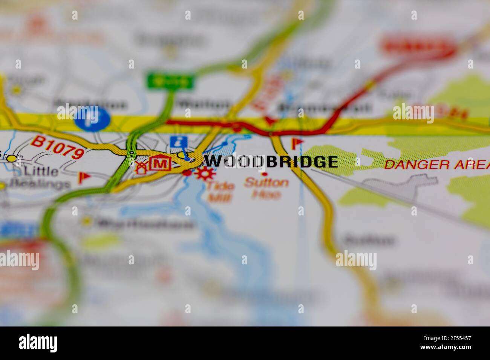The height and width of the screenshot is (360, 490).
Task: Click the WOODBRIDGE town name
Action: pyautogui.click(x=271, y=162)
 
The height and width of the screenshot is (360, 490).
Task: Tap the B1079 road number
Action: pyautogui.click(x=58, y=147)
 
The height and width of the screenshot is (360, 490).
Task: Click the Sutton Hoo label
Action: pyautogui.click(x=266, y=188)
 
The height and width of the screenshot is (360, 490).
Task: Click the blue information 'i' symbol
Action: pyautogui.click(x=179, y=142)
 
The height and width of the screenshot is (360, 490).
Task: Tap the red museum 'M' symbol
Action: pyautogui.click(x=161, y=163)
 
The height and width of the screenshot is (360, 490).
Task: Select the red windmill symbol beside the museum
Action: pyautogui.click(x=141, y=166)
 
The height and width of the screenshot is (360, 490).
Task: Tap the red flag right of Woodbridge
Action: pyautogui.click(x=297, y=143)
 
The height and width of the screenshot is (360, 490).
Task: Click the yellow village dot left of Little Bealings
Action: pyautogui.click(x=12, y=159)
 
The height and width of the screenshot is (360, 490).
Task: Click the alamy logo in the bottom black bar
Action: pyautogui.click(x=38, y=343)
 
